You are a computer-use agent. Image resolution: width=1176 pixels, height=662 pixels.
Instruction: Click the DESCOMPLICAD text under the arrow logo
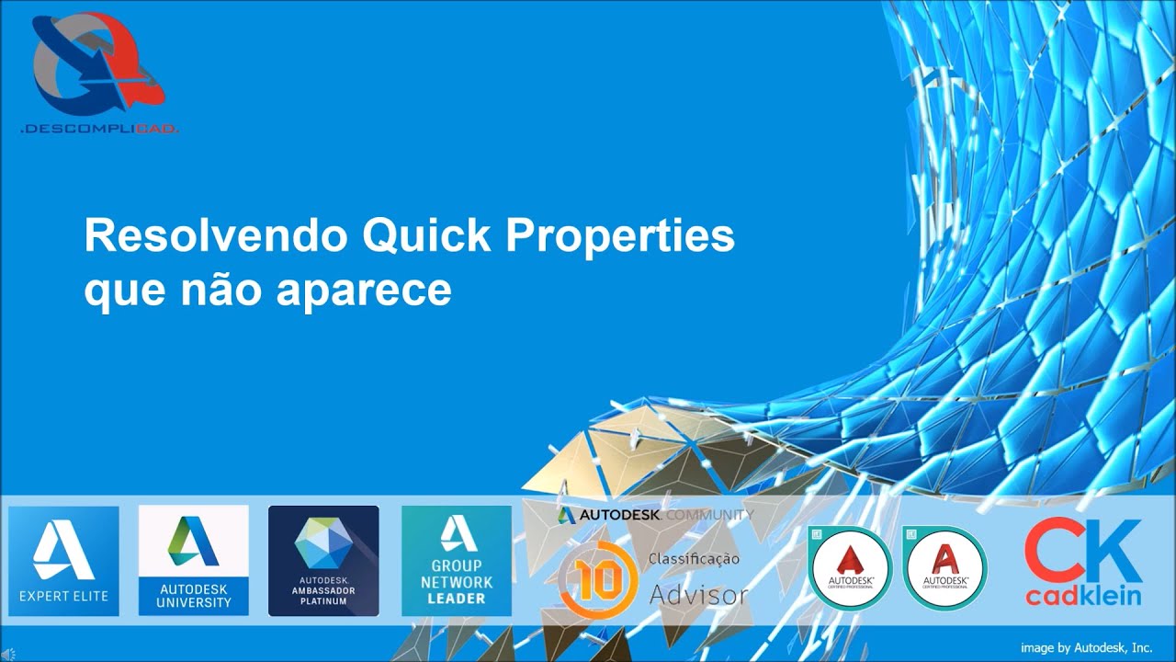point(98,130)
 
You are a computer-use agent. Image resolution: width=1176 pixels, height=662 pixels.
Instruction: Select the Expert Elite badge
point(63,560)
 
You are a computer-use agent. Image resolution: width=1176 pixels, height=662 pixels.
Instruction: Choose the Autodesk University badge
point(193,560)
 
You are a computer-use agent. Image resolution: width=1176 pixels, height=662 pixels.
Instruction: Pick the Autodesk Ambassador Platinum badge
point(323,560)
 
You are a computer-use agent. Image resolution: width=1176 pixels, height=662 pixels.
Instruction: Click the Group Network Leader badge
point(456,560)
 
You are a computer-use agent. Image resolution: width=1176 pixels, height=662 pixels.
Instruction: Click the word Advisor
point(698,595)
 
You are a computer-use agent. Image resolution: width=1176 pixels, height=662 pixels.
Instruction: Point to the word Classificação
point(694,559)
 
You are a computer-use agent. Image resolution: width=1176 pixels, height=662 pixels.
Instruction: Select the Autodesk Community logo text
point(654,515)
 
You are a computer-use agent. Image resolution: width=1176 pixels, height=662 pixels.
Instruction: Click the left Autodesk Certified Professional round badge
point(850,567)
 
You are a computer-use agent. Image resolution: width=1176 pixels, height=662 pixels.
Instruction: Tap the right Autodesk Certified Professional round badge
point(944,567)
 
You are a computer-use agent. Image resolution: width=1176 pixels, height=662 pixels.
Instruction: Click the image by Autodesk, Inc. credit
point(1086,647)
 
